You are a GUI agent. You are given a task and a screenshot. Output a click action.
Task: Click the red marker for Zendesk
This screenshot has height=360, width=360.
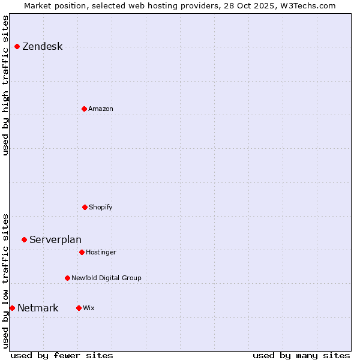(x=17, y=46)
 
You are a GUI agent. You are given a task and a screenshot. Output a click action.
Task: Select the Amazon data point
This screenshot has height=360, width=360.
(x=84, y=109)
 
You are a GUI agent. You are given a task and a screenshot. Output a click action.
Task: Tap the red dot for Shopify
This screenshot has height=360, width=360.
(x=85, y=207)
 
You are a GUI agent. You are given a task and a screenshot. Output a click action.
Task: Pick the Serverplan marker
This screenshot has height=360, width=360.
(x=24, y=239)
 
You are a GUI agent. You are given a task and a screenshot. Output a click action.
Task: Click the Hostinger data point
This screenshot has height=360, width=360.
(x=82, y=252)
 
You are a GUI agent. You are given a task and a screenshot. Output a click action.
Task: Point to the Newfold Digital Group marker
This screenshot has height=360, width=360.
(x=67, y=278)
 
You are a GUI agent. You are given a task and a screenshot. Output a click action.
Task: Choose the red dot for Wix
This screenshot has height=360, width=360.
(x=79, y=308)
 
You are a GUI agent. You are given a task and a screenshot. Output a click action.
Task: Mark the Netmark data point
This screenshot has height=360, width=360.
(x=12, y=308)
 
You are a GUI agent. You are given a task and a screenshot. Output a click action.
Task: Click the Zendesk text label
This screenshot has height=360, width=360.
(x=42, y=47)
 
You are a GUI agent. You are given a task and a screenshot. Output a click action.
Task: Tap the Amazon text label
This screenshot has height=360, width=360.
(x=100, y=109)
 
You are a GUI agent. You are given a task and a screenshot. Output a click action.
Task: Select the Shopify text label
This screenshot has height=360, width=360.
(x=100, y=208)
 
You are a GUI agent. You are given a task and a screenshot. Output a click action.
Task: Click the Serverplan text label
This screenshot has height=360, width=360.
(x=55, y=240)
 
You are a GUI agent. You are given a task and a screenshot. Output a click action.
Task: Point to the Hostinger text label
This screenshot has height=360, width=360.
(x=101, y=253)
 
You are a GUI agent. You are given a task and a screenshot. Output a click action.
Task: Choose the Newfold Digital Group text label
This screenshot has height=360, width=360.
(x=106, y=278)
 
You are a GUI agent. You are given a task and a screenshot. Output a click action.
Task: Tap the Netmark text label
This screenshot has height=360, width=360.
(x=38, y=308)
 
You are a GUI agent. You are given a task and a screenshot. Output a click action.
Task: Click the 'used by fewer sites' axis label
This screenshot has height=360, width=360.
(x=62, y=355)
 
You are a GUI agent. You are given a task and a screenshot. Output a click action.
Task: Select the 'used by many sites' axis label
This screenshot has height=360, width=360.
(x=301, y=355)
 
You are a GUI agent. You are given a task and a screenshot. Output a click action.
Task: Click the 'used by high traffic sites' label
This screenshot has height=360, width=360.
(x=6, y=85)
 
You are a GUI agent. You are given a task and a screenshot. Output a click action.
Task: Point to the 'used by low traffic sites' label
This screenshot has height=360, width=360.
(x=6, y=281)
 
